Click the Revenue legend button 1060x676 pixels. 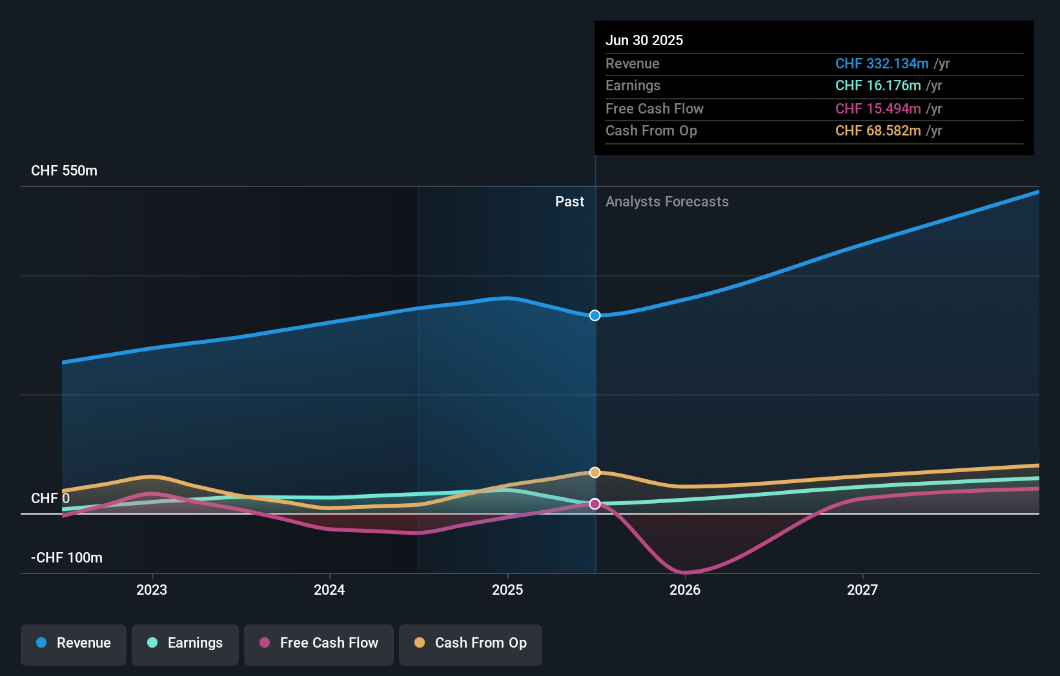coord(74,644)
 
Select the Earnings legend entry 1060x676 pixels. coord(185,644)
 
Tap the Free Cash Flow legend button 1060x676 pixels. coord(319,644)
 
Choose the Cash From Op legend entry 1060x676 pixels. coord(471,644)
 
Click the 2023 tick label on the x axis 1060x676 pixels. coord(152,590)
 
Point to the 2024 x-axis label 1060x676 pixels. coord(329,590)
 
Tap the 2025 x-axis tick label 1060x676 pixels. coord(507,590)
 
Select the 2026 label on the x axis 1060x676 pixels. coord(685,590)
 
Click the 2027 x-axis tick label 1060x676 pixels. coord(862,590)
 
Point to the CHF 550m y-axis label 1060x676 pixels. coord(64,171)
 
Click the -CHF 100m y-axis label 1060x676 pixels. coord(66,558)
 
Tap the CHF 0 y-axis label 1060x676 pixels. coord(50,499)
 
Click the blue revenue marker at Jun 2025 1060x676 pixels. coord(595,315)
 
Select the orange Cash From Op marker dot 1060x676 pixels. coord(595,473)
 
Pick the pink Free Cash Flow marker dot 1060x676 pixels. coord(595,504)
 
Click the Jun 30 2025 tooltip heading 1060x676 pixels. coord(644,41)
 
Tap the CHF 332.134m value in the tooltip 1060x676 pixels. coord(881,64)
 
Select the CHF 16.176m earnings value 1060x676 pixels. coord(877,86)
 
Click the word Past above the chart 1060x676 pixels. coord(569,202)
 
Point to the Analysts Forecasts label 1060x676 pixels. coord(667,202)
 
